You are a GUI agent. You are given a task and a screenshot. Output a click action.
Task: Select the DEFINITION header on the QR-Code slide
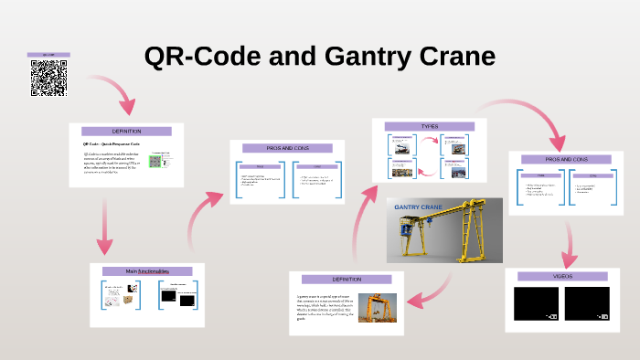(x=126, y=132)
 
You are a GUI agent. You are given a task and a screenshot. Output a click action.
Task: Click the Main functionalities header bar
(x=147, y=271)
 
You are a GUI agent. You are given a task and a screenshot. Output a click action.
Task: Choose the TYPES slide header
(x=429, y=126)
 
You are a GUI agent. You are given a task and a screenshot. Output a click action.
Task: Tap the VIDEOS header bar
(x=562, y=276)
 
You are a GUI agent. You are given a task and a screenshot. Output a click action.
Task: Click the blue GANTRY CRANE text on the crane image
(x=418, y=208)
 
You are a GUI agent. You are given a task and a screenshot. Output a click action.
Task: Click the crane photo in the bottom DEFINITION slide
(x=377, y=307)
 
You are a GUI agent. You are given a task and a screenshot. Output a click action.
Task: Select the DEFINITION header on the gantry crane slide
(x=347, y=279)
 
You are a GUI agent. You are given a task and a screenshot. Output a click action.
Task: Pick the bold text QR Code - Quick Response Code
(x=110, y=144)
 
